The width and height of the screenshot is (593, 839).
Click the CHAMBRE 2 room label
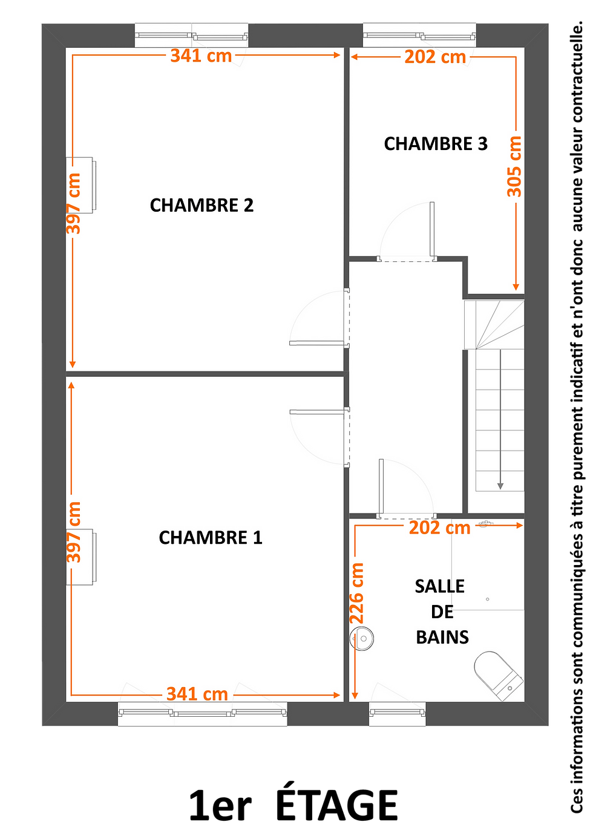[x=201, y=205]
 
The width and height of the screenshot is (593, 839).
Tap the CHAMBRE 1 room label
[x=211, y=538]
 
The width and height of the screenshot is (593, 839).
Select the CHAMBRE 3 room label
[x=436, y=144]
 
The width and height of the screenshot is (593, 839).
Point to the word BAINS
[x=442, y=637]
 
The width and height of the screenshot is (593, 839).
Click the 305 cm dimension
[x=514, y=167]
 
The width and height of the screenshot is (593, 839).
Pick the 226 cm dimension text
[x=356, y=593]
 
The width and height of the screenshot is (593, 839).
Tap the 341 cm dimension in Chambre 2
[x=201, y=56]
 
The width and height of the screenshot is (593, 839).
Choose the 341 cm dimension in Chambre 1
[x=197, y=694]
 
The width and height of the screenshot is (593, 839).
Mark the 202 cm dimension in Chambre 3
[x=435, y=57]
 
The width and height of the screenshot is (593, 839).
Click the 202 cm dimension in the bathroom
[x=439, y=528]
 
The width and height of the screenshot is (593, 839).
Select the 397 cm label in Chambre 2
[x=73, y=204]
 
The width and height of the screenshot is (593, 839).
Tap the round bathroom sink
[x=361, y=639]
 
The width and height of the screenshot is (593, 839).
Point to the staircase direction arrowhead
[x=500, y=486]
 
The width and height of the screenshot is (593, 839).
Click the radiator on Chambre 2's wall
[x=81, y=185]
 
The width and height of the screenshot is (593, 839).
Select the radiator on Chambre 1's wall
[x=81, y=557]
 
